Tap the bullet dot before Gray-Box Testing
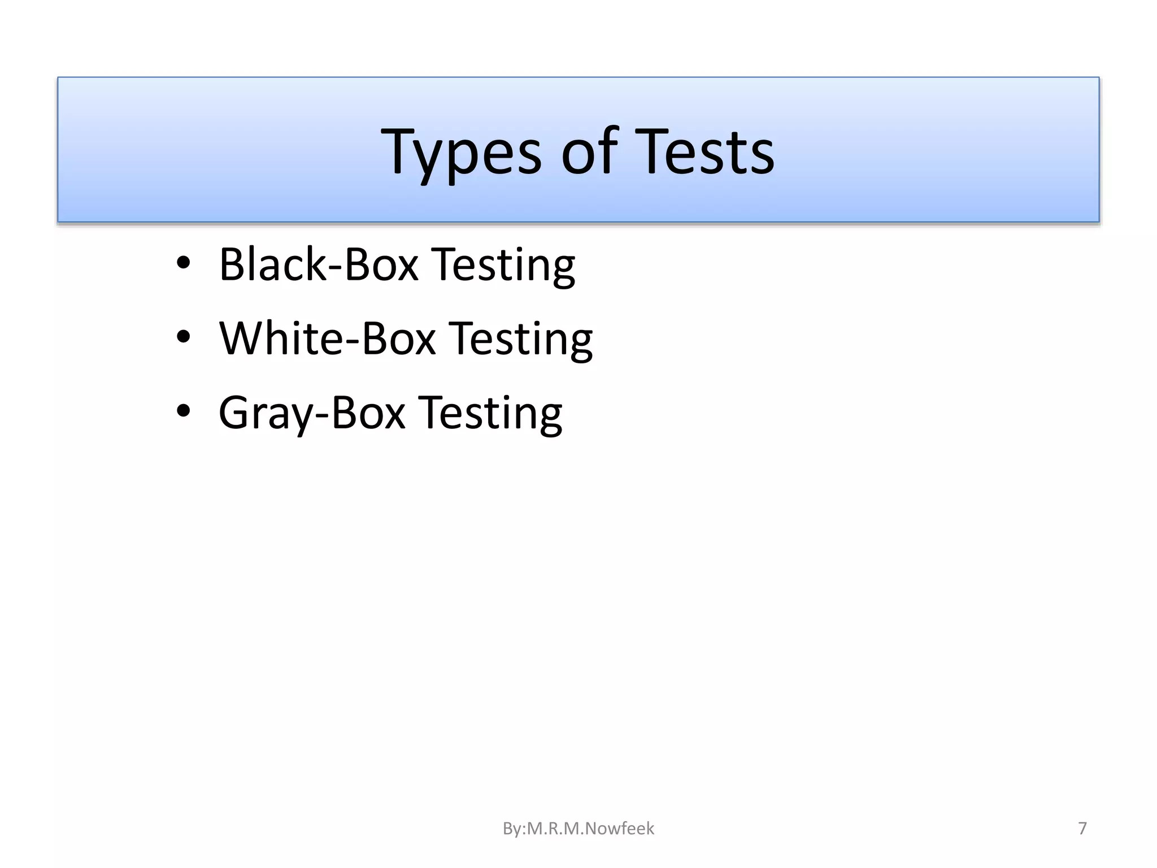coord(183,411)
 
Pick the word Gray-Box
coord(312,413)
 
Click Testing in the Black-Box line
coord(503,265)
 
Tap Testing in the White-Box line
coord(521,339)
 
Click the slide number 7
coord(1082,828)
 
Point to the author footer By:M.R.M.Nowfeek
coord(578,828)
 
